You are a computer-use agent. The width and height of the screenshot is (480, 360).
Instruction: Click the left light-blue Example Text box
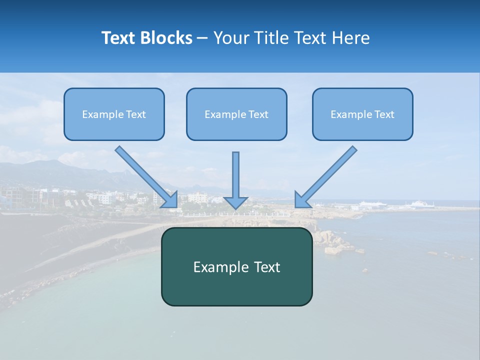[x=114, y=114]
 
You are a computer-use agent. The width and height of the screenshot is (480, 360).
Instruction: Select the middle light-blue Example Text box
[x=236, y=114]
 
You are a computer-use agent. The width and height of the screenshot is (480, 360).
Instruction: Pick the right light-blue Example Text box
[x=362, y=114]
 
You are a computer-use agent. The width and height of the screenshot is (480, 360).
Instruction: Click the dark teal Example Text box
[x=236, y=266]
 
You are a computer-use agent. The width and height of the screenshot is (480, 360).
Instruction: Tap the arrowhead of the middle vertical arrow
[x=235, y=202]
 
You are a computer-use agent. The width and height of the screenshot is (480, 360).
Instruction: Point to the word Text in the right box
[x=384, y=114]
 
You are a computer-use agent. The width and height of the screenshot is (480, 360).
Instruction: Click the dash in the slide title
[x=202, y=38]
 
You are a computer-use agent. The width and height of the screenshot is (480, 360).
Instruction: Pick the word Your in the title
[x=230, y=38]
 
